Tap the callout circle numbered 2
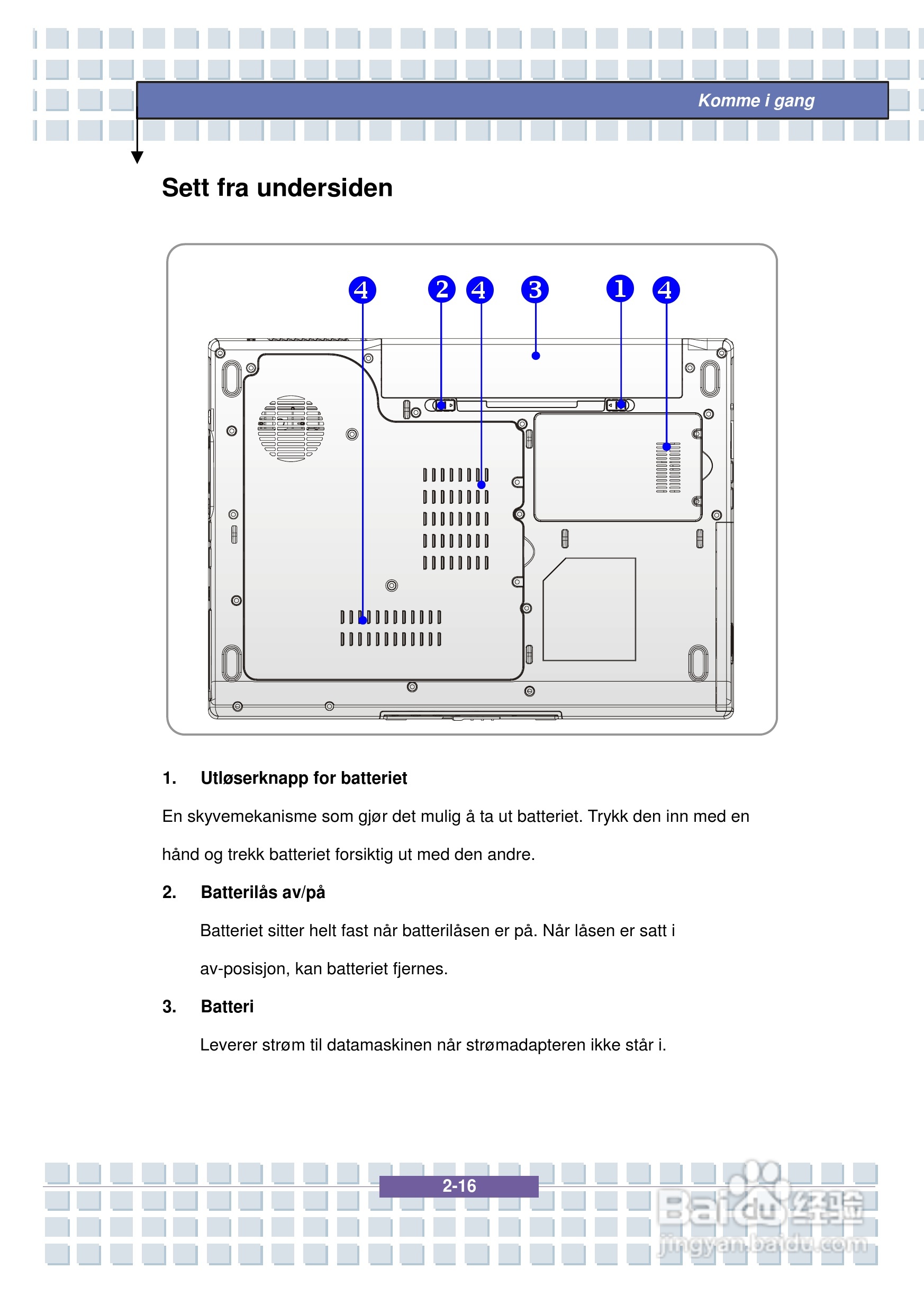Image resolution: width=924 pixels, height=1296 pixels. pos(441,289)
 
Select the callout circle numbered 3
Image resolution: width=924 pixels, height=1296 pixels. pos(535,289)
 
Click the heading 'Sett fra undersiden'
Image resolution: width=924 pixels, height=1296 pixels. pos(277,188)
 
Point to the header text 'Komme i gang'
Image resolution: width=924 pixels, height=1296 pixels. pos(756,101)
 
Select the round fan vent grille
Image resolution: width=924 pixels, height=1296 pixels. pos(291,429)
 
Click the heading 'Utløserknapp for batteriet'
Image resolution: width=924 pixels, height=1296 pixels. pos(304,778)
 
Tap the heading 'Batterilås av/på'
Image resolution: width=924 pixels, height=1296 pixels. pos(263,892)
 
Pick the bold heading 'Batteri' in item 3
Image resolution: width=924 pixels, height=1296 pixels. pos(227,1007)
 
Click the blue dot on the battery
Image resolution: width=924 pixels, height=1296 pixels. pos(536,356)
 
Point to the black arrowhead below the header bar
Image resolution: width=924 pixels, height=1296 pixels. pos(137,157)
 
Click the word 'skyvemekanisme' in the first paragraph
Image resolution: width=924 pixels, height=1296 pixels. pos(252,817)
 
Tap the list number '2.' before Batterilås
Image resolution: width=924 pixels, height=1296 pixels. pos(169,892)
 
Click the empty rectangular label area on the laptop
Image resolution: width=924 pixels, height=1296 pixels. pos(589,609)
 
